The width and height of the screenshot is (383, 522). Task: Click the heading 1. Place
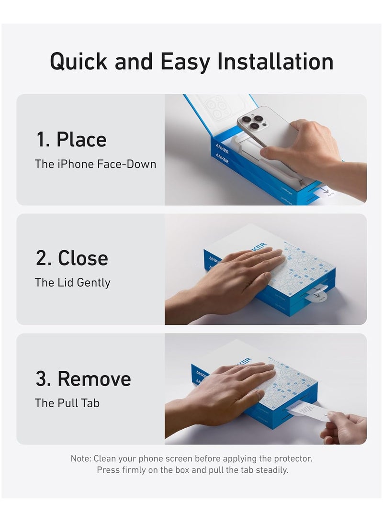71,139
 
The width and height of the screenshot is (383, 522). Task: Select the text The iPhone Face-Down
95,164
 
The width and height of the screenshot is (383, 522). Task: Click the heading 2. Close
72,258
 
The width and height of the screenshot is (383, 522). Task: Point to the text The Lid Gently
72,283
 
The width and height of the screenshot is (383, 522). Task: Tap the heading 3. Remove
83,378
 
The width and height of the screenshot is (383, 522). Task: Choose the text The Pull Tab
67,403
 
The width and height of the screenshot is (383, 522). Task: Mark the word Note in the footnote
80,458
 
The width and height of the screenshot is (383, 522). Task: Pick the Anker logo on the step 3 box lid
243,362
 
